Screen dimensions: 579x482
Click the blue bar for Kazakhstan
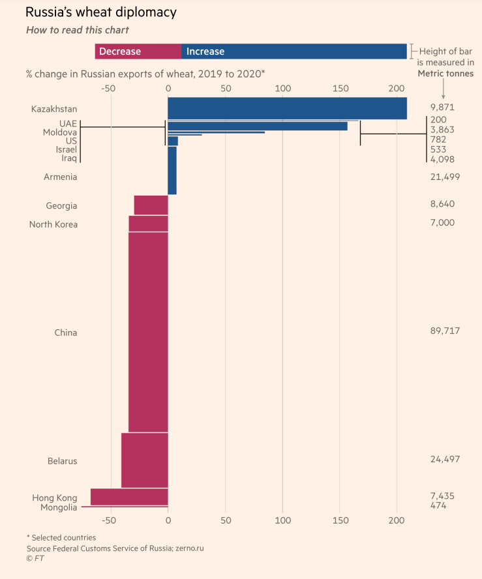[287, 108]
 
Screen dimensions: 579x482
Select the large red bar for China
[148, 332]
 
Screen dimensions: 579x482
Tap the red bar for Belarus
[145, 460]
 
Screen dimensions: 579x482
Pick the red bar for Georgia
[151, 205]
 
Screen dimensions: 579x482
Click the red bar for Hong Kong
[129, 496]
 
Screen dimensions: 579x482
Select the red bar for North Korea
[148, 224]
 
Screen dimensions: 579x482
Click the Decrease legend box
[138, 52]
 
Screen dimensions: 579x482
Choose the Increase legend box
[294, 52]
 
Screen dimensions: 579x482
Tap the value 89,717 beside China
[445, 331]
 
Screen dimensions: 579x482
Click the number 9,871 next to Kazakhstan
[442, 107]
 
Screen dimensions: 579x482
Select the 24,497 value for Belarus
[445, 459]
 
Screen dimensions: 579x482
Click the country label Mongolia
[59, 507]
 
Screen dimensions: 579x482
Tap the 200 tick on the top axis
[397, 88]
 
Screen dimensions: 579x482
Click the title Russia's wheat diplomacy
[100, 12]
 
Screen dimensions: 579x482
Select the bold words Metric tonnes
[445, 74]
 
